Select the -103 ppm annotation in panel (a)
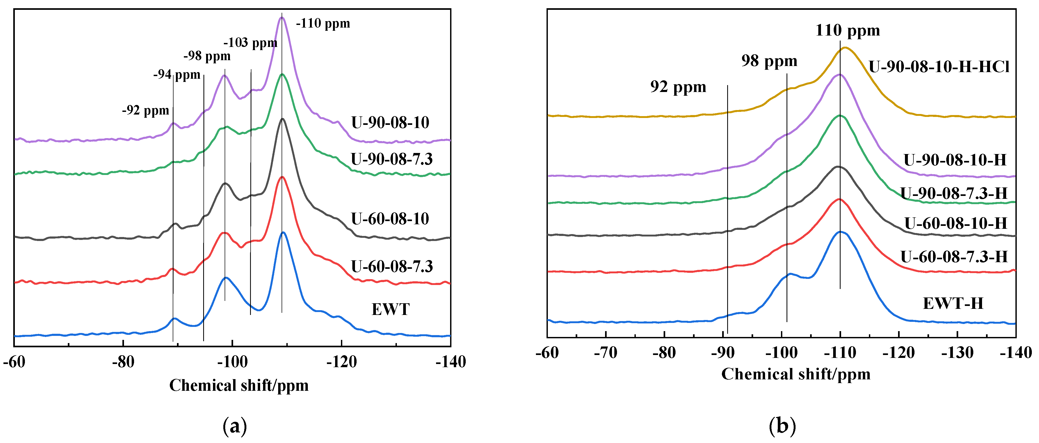[250, 42]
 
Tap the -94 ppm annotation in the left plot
[177, 75]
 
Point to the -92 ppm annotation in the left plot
[146, 110]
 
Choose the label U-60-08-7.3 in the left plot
[392, 266]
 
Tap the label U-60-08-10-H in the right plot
[956, 223]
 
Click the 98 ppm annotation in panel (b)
[769, 61]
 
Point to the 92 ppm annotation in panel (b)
[678, 87]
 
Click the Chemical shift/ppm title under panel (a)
[239, 385]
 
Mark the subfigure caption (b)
[782, 426]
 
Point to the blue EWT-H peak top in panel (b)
[841, 232]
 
